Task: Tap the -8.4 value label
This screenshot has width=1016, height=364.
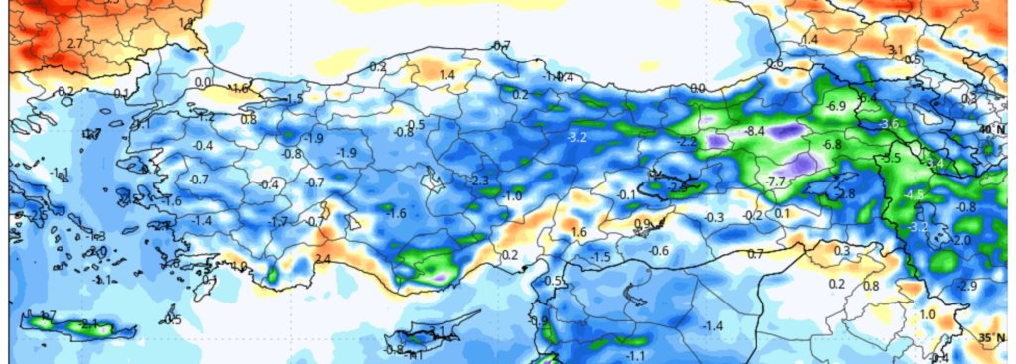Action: tap(754, 131)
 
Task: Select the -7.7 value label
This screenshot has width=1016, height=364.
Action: tap(775, 182)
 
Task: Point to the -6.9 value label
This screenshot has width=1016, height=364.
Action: tap(835, 106)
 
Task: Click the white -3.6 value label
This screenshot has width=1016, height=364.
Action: tap(888, 123)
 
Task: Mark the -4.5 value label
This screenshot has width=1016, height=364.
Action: tap(913, 195)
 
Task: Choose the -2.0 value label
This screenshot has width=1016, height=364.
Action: tap(961, 241)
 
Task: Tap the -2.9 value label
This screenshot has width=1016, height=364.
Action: tap(967, 286)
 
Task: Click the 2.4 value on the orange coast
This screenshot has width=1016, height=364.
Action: tap(322, 260)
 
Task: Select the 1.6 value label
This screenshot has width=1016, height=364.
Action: tap(579, 232)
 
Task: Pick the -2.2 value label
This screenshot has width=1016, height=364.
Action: tap(687, 143)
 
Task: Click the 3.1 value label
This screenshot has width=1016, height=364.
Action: tap(896, 49)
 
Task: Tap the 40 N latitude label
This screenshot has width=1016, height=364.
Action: tap(991, 129)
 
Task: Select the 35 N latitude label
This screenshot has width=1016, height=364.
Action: tap(991, 338)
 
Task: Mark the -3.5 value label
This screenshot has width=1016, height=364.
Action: tap(891, 158)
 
